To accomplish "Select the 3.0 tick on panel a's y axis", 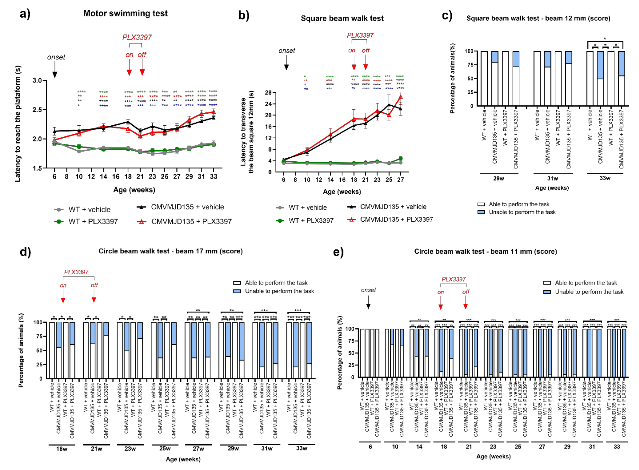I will pos(37,81).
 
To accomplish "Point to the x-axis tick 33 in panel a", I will pos(213,177).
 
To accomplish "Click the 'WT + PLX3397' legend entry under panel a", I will pos(86,222).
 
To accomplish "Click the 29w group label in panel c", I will pos(499,178).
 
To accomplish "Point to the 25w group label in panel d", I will pos(165,448).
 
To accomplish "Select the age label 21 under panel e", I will pos(468,447).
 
